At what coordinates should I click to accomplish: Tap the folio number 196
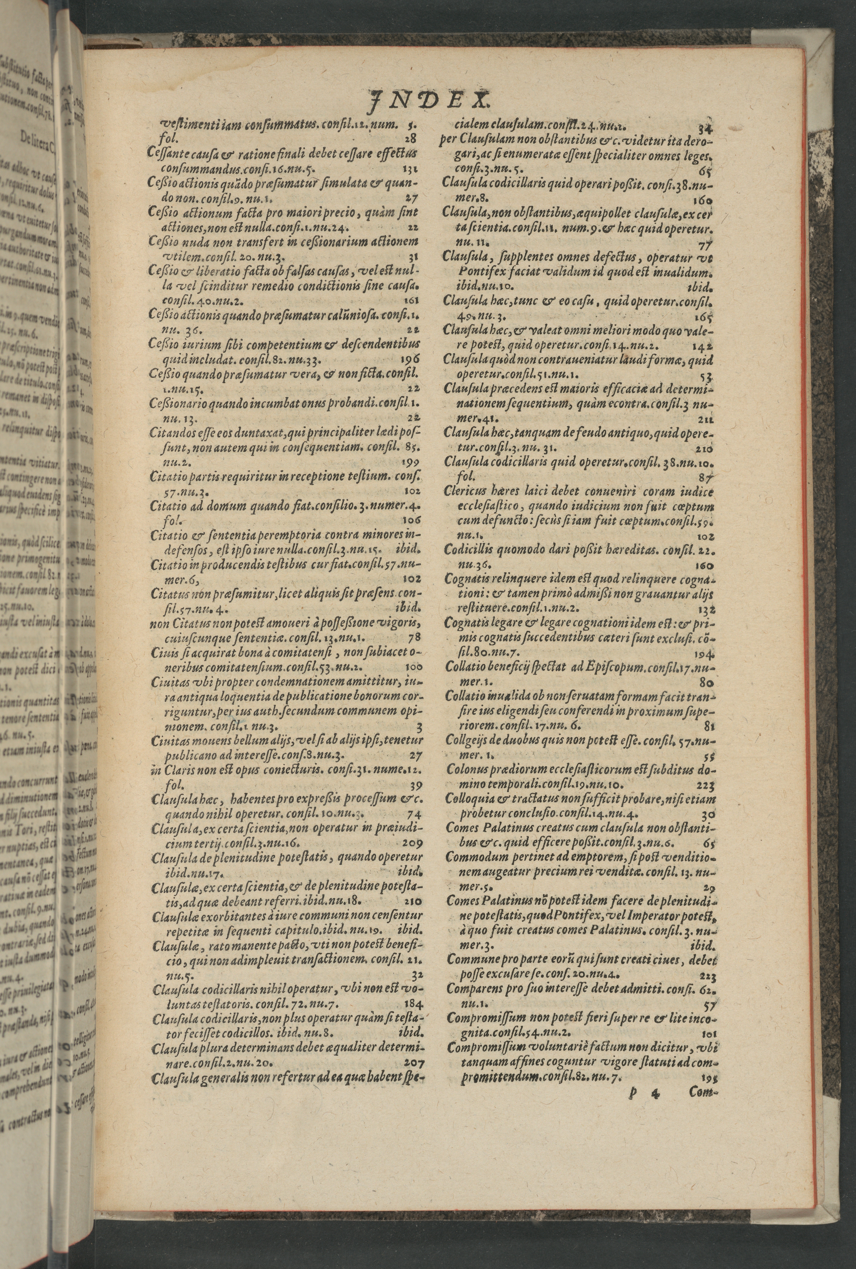(413, 360)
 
